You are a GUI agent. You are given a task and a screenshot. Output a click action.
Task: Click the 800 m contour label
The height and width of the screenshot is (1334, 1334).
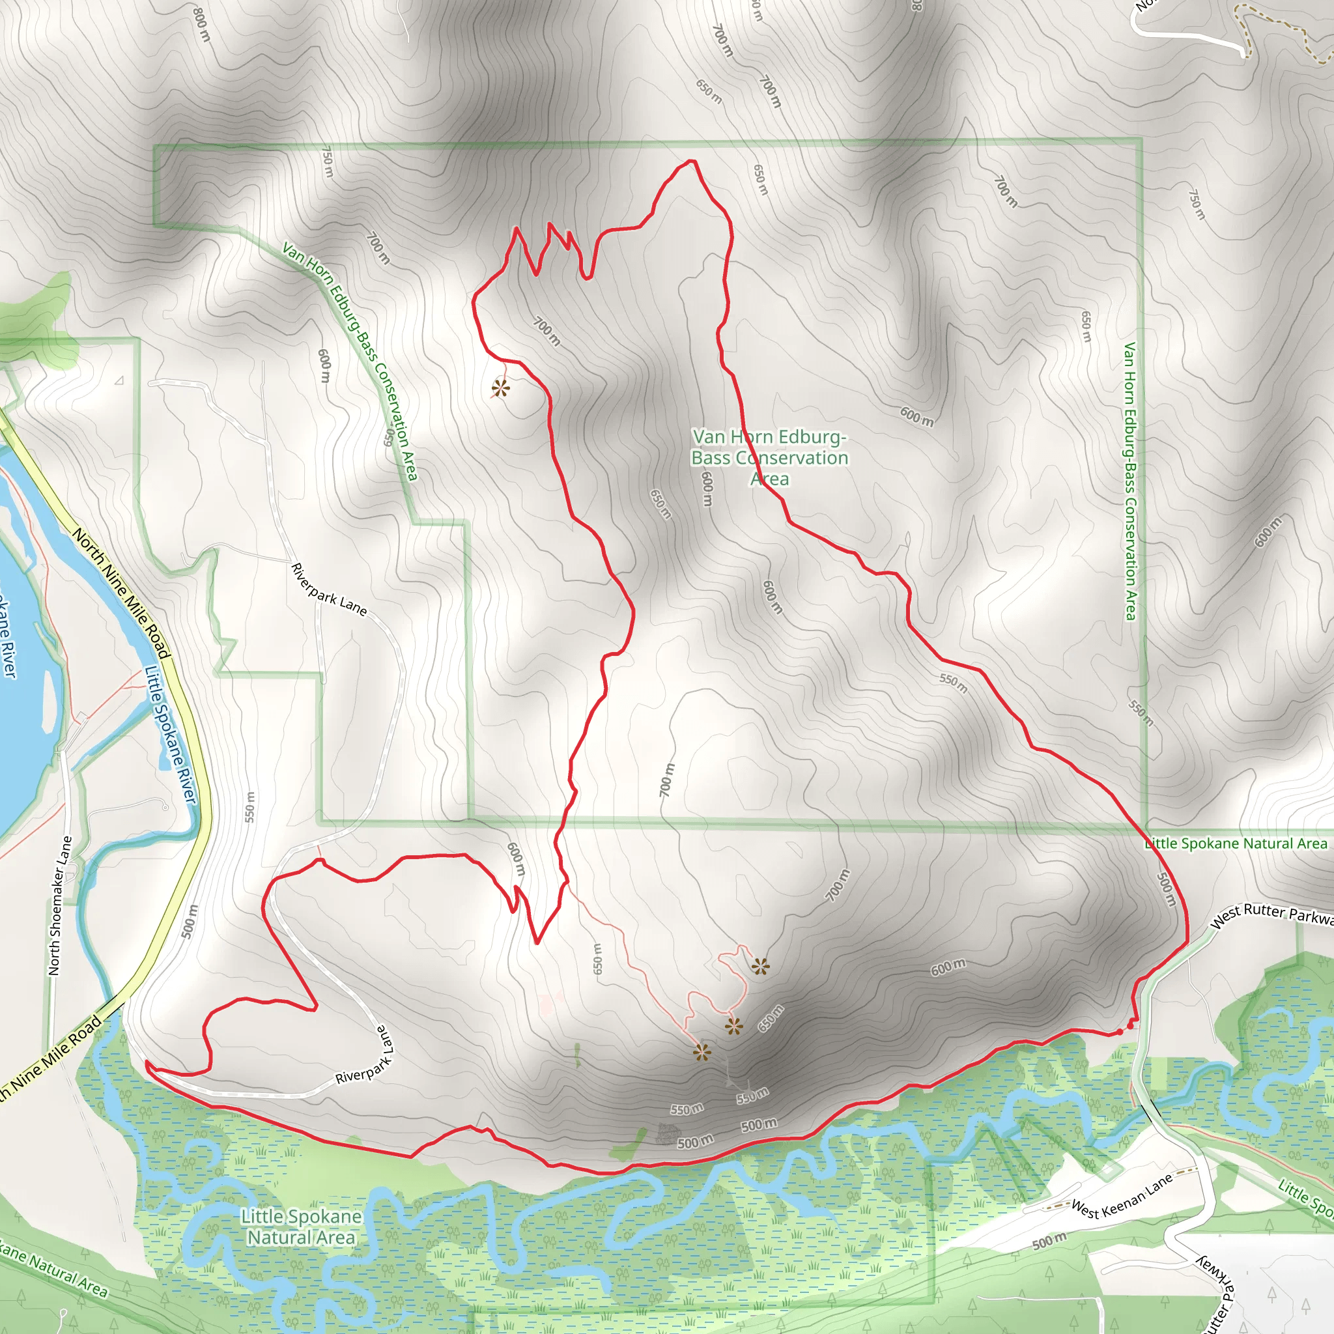coord(201,24)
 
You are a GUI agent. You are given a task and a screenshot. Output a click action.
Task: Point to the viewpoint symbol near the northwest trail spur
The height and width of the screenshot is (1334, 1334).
coord(501,389)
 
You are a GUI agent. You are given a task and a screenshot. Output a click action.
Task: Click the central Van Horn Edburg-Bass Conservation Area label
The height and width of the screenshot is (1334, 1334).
coord(769,457)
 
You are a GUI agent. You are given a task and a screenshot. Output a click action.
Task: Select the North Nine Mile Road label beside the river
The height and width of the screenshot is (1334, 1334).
coord(122,593)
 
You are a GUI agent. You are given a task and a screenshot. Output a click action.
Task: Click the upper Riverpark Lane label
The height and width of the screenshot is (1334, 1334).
coord(329,589)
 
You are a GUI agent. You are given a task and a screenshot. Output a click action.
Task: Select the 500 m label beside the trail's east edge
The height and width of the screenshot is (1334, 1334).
coord(1165,889)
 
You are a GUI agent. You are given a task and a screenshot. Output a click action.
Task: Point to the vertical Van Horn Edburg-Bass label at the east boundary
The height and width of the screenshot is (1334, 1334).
coord(1129,481)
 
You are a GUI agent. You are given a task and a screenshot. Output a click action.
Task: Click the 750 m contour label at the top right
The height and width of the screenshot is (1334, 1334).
coord(1197,204)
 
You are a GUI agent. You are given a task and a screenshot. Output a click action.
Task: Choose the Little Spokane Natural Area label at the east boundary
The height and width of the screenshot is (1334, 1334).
coord(1236,843)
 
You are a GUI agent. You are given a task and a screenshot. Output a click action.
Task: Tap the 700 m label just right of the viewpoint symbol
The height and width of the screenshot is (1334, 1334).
coord(547,332)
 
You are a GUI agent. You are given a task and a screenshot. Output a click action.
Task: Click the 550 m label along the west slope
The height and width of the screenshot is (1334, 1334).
coord(250,806)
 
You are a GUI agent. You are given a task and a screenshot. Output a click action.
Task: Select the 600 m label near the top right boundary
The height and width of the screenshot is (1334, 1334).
coord(916,416)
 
